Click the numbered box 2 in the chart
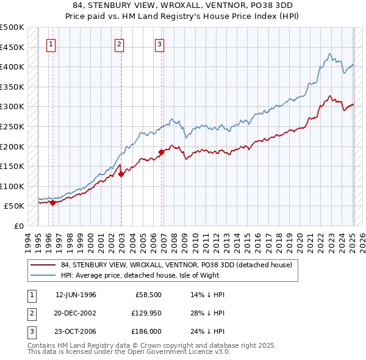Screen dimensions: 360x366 (119, 43)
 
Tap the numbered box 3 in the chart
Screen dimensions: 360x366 (159, 43)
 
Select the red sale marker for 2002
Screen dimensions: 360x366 (121, 174)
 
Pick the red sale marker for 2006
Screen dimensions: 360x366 (162, 152)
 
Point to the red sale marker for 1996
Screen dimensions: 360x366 (52, 203)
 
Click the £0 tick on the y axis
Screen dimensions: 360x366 (19, 226)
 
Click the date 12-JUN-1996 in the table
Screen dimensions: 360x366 (76, 295)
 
